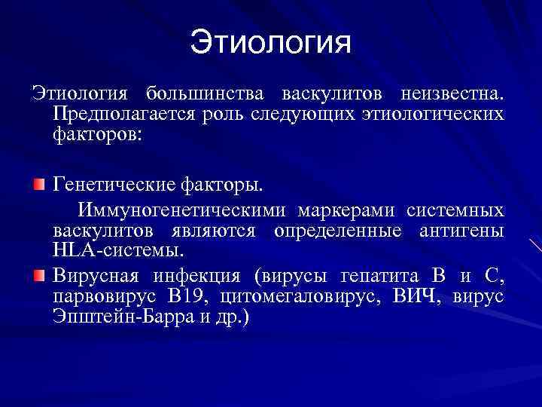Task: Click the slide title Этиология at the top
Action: click(270, 42)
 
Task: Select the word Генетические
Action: click(114, 185)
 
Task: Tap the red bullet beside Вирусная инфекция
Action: click(38, 274)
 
